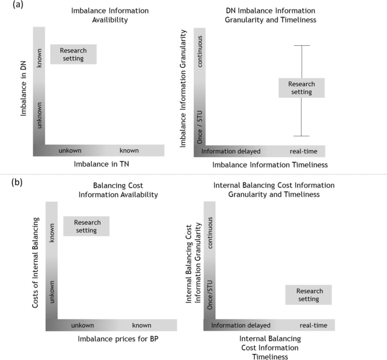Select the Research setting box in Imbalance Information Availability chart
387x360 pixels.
(x=73, y=54)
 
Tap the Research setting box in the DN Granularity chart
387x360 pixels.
(x=301, y=88)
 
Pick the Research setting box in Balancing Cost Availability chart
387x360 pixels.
(x=86, y=226)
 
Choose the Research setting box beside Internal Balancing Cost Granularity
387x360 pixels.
(x=308, y=295)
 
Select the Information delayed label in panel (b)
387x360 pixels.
(x=241, y=326)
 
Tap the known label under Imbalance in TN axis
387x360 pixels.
(x=129, y=151)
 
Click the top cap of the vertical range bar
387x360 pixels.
(x=302, y=45)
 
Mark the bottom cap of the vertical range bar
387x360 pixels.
(x=302, y=136)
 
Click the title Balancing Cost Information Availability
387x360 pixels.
(x=125, y=190)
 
